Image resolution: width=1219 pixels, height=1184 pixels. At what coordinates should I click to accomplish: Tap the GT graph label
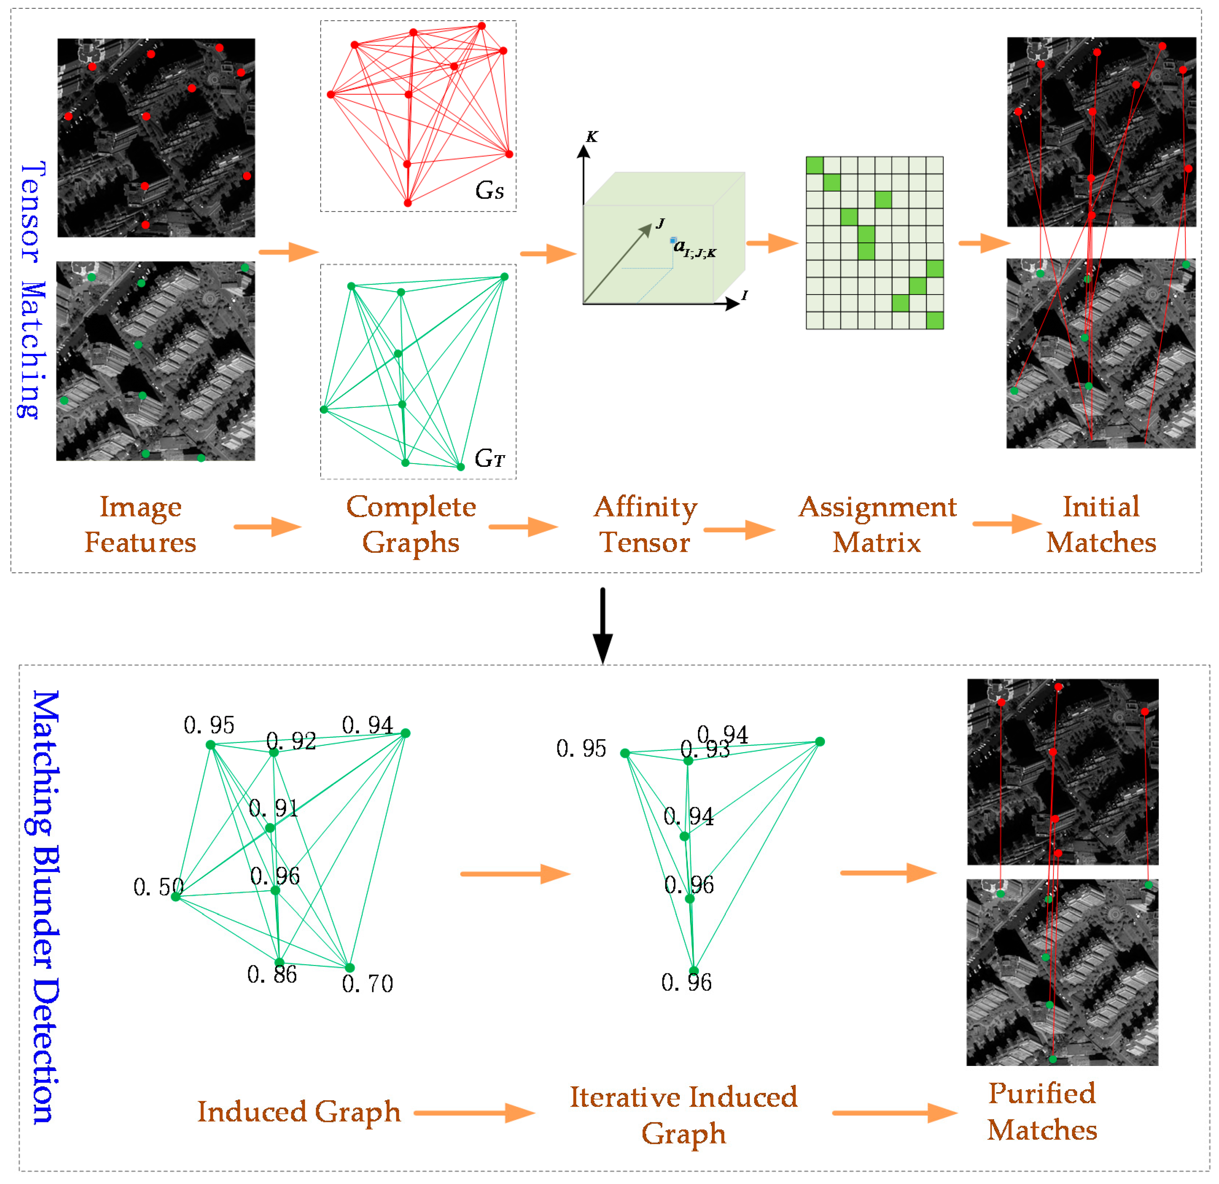coord(490,459)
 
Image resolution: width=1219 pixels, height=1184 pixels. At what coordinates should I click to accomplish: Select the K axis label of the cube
coord(592,137)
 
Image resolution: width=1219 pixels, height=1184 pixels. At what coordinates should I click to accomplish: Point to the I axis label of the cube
coord(744,296)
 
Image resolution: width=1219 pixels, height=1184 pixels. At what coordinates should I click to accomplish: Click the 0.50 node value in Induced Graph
coord(158,887)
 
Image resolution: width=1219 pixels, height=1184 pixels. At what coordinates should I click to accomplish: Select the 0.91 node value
coord(274,808)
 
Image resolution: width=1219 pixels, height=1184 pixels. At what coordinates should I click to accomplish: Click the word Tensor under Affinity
coord(644,542)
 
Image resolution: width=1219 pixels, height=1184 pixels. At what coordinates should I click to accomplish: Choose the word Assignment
coord(877,507)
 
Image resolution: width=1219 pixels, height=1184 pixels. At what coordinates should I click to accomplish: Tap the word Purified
coord(1042,1093)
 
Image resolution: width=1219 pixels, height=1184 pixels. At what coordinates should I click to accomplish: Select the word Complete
coord(411,507)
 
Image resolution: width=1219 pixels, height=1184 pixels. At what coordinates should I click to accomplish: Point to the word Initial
coord(1101,507)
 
